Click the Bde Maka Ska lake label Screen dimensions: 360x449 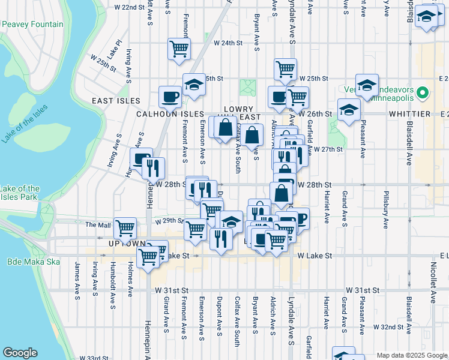[x=29, y=262]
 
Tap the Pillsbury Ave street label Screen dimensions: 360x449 [x=385, y=209]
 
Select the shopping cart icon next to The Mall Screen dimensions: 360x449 [x=125, y=228]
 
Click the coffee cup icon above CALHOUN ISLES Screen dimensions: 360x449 [x=170, y=95]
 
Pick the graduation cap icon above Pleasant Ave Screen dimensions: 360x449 [x=367, y=85]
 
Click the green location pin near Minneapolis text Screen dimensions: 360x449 [x=423, y=93]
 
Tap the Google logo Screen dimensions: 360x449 [x=20, y=352]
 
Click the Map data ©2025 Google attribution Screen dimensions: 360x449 [x=411, y=355]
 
